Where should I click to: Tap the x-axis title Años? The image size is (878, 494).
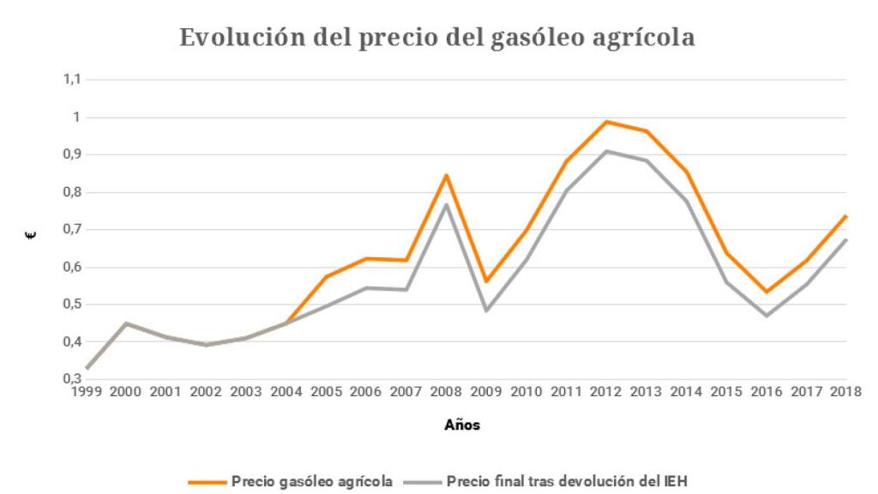[461, 426]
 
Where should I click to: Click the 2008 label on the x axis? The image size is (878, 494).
[446, 391]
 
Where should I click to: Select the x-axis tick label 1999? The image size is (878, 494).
[87, 391]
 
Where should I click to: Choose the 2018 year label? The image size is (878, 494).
[846, 391]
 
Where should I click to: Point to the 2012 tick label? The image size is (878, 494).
[606, 391]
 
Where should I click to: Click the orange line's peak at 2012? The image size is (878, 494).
[606, 122]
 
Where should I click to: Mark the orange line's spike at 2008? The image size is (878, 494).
[446, 175]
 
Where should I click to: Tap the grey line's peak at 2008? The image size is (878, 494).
[446, 204]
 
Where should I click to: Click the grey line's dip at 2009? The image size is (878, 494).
[486, 310]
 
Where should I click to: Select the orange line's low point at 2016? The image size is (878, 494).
[767, 292]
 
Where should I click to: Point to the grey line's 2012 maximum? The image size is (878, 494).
[606, 151]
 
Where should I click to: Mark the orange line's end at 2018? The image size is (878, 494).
[846, 216]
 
